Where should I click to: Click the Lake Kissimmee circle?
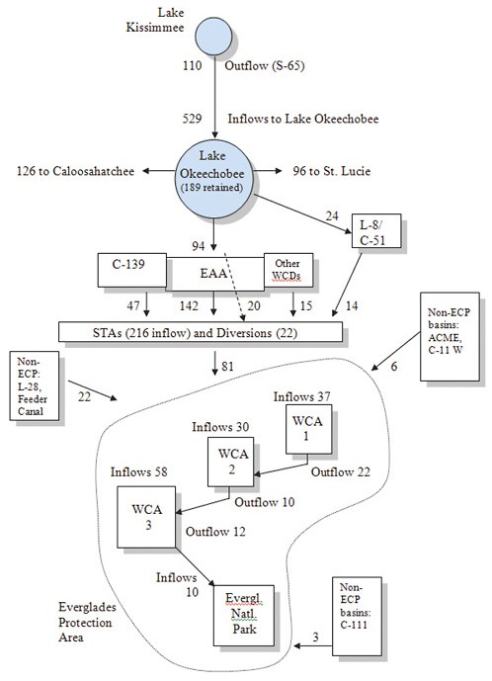click(213, 36)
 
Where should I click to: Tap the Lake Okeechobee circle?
click(213, 179)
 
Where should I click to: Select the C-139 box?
click(132, 270)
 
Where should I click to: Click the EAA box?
click(215, 274)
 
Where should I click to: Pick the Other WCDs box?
click(288, 270)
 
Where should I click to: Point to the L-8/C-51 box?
click(376, 230)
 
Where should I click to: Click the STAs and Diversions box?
click(201, 332)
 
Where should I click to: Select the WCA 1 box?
click(308, 430)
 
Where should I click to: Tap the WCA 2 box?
click(230, 462)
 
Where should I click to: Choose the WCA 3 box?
click(146, 517)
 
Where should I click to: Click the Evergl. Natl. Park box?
click(244, 616)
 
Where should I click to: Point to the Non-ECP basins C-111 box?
click(357, 617)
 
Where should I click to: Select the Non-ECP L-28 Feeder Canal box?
click(35, 386)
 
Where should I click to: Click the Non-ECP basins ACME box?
click(450, 337)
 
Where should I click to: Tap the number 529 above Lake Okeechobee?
click(192, 119)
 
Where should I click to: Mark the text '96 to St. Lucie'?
click(332, 171)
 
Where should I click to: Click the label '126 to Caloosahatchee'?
click(75, 171)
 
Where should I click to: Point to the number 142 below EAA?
click(189, 305)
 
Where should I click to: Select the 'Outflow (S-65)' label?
click(265, 65)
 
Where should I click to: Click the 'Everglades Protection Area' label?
click(87, 623)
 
